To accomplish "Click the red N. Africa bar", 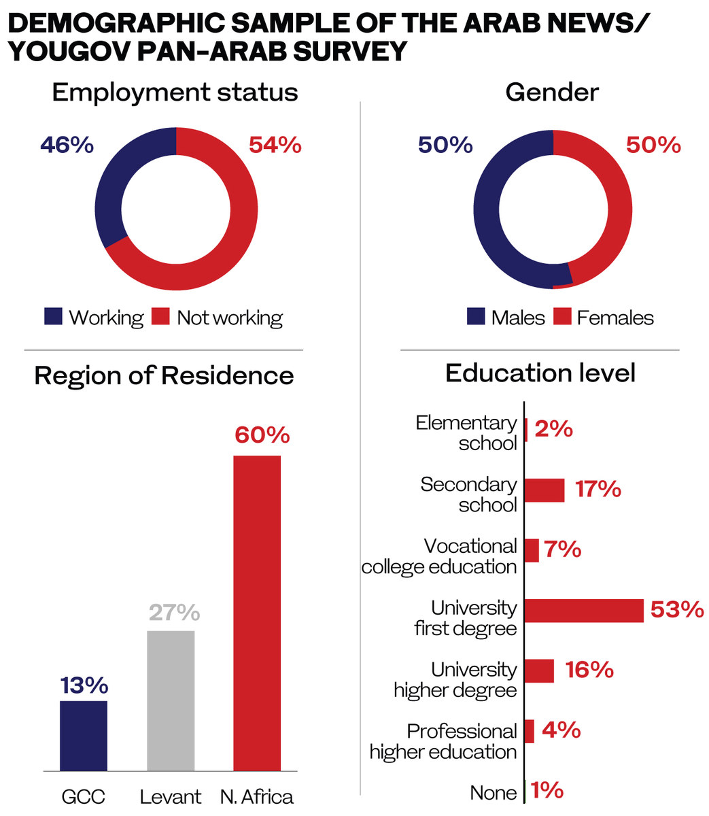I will point(257,612).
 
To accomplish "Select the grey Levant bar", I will point(171,700).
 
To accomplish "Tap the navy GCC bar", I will point(84,735).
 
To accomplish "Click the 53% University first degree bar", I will point(584,611).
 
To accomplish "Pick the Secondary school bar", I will point(544,490).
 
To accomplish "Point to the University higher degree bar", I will point(539,671).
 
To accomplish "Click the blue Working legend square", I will point(53,316).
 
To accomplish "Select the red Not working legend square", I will point(160,316).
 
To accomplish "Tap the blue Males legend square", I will point(476,316).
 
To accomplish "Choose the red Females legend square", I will point(562,316).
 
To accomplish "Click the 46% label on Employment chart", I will point(67,145).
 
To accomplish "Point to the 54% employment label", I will point(275,145).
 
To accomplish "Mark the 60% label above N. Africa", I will point(262,435).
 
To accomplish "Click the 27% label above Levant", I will point(174,613).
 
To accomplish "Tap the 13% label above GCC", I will point(84,685).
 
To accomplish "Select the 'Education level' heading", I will point(540,373).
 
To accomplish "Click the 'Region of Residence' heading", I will point(164,375).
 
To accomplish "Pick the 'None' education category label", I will point(493,793).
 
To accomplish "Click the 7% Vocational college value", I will point(562,549).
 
